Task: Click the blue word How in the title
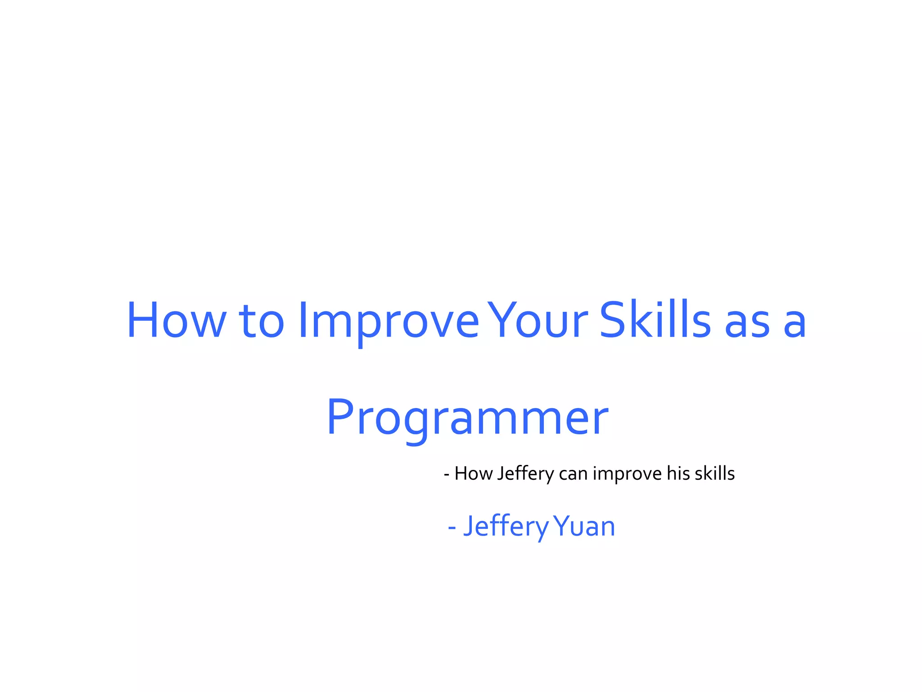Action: pyautogui.click(x=176, y=319)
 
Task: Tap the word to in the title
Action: pyautogui.click(x=262, y=320)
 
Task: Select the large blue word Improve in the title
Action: pyautogui.click(x=388, y=320)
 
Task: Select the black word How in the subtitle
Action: pyautogui.click(x=473, y=473)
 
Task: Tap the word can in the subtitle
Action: pyautogui.click(x=573, y=474)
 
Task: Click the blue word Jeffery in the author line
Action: pyautogui.click(x=506, y=526)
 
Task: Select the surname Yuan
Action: pyautogui.click(x=584, y=526)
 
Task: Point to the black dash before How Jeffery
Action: pyautogui.click(x=447, y=475)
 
